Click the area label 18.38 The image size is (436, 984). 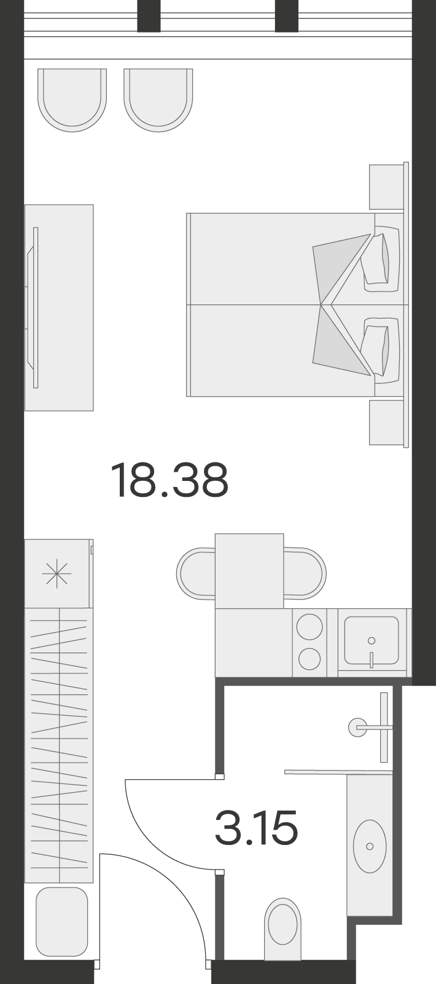[x=169, y=480]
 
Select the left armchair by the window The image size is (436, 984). [x=72, y=100]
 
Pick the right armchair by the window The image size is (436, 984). [x=158, y=100]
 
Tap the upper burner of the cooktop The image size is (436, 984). [x=309, y=626]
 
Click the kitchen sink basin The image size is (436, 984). [x=372, y=640]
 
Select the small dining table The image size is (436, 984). [x=249, y=571]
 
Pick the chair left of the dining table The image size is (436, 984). [x=196, y=573]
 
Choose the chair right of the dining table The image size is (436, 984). [x=305, y=573]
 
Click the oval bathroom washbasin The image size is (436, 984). [x=370, y=846]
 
